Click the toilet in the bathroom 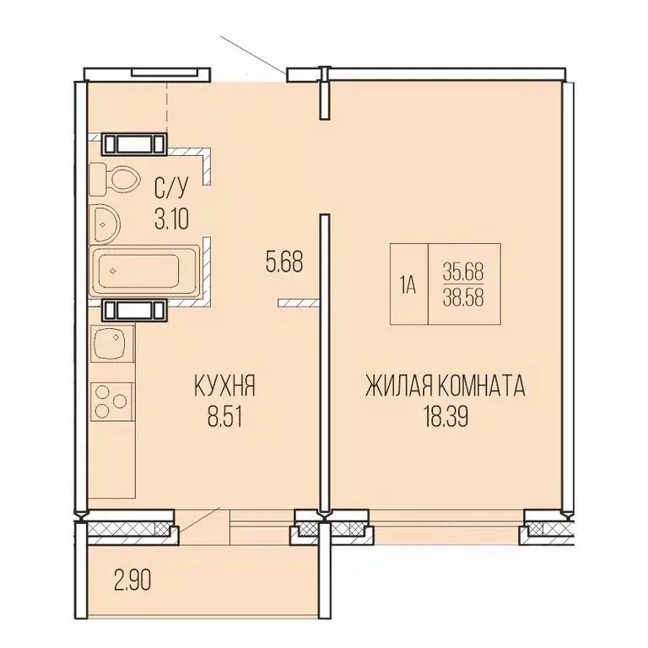pyautogui.click(x=117, y=179)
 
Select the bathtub pyautogui.click(x=145, y=270)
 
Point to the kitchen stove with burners pyautogui.click(x=111, y=401)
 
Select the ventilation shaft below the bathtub pyautogui.click(x=134, y=309)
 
